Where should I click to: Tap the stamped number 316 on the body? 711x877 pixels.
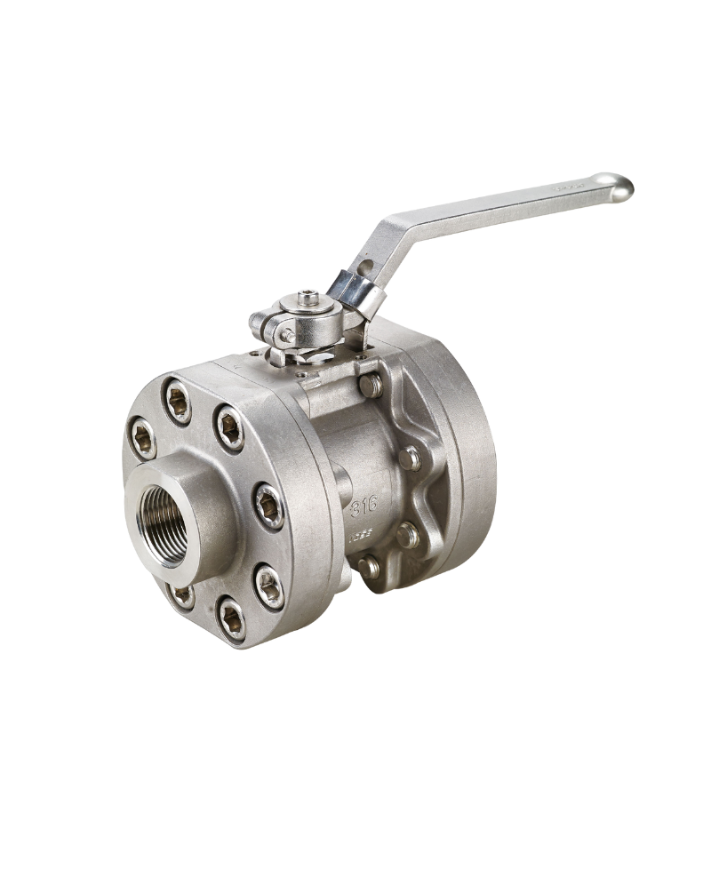[364, 506]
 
